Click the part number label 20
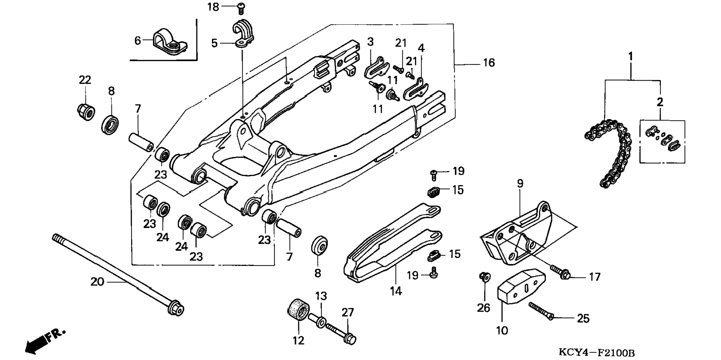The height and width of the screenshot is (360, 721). (97, 282)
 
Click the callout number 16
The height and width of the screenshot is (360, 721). (489, 63)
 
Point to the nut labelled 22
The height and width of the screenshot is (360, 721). (86, 112)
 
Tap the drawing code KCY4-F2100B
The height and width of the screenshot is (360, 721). (596, 352)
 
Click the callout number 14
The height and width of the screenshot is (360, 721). (396, 291)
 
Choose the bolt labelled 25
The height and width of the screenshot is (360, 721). (541, 311)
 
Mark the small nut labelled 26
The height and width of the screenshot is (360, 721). (485, 277)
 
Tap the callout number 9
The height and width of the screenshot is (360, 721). (520, 184)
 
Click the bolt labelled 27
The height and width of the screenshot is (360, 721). (341, 334)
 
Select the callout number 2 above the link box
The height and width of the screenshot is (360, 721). (660, 102)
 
